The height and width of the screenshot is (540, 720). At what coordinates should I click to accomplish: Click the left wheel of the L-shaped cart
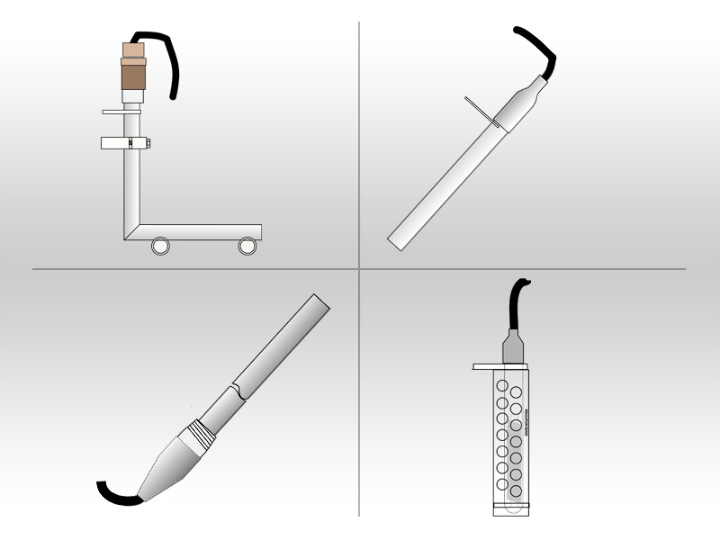(x=160, y=246)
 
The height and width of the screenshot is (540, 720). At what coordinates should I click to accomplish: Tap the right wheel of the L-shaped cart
(x=247, y=246)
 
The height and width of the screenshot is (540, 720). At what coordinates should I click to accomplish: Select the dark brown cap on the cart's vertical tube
(x=133, y=76)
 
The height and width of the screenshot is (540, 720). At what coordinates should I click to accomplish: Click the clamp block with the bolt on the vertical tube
(x=125, y=142)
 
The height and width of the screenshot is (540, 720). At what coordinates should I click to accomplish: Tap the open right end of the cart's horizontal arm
(x=258, y=232)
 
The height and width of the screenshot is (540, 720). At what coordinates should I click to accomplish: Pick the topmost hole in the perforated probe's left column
(x=502, y=385)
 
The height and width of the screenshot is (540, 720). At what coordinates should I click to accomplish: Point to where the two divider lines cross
(x=359, y=268)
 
